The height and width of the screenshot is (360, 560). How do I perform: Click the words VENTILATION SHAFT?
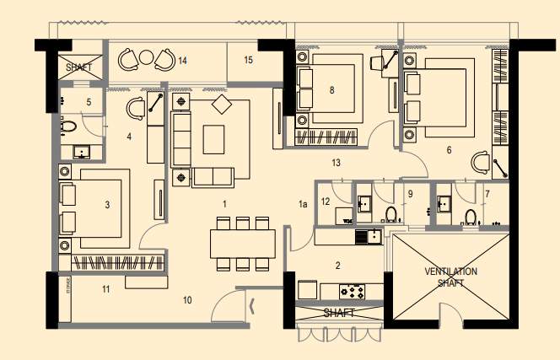click(450, 277)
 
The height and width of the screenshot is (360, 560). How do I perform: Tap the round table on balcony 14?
click(146, 57)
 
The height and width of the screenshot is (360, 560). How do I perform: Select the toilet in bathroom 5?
click(69, 127)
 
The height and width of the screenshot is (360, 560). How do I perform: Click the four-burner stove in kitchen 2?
click(353, 291)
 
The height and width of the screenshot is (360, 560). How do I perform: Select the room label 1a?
click(303, 204)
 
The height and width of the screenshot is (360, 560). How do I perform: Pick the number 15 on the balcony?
click(248, 60)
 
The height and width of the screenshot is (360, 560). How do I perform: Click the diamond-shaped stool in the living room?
click(221, 105)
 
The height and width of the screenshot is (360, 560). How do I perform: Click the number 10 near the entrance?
click(187, 299)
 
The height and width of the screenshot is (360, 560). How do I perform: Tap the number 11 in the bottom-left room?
click(106, 289)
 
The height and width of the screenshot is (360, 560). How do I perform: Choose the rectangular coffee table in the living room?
click(214, 138)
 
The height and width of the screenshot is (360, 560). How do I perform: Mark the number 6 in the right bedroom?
click(449, 150)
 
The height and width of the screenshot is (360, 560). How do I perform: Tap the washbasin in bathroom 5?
click(83, 153)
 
